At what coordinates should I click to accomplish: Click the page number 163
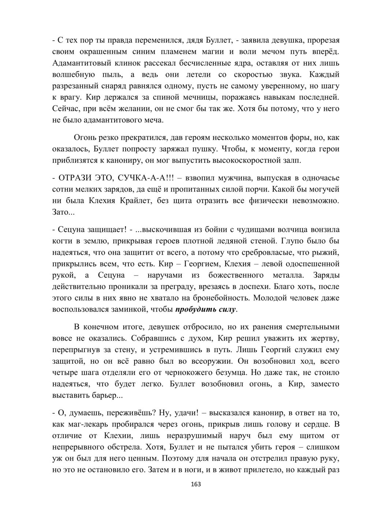click(196, 484)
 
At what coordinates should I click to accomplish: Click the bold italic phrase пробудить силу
click(206, 309)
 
